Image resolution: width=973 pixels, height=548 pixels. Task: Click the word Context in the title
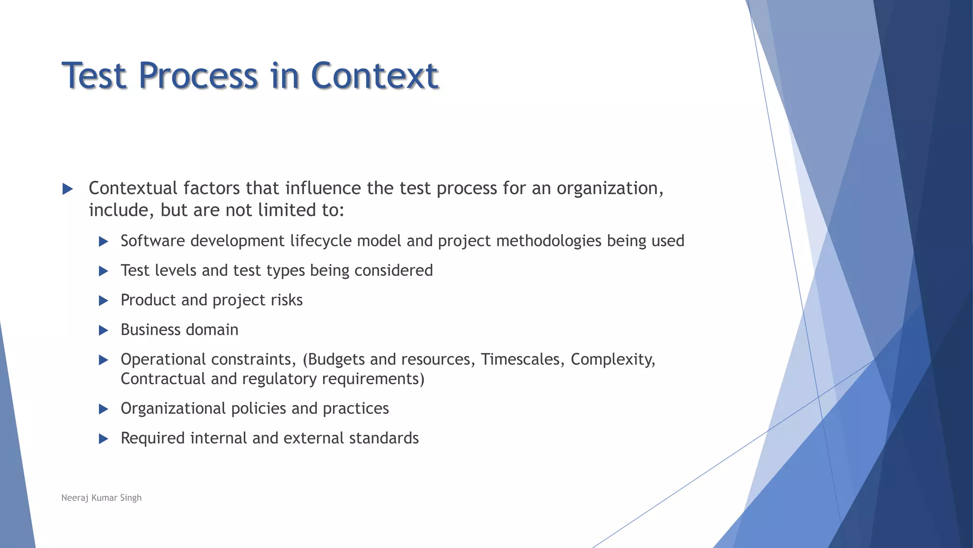(374, 76)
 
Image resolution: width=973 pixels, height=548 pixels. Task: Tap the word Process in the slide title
(198, 76)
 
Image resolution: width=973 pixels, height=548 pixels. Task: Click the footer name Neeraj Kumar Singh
(101, 498)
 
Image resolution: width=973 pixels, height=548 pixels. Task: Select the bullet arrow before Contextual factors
(67, 189)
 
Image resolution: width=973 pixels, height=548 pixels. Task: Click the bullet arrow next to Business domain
(103, 330)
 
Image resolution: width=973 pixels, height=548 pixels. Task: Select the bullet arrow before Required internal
(103, 439)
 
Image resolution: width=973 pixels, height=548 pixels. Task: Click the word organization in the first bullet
(610, 188)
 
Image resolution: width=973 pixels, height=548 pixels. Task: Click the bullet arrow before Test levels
(103, 271)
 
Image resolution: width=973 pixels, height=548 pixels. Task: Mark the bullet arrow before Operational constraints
(103, 360)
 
